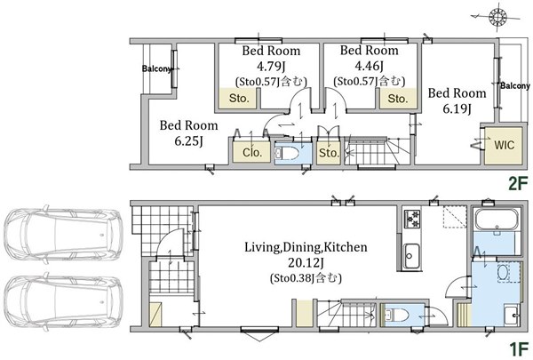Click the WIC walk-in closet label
coord(504,145)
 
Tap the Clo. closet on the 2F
coord(252,152)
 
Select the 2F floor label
coord(518,184)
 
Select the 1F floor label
coord(519,348)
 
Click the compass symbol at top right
coord(497,17)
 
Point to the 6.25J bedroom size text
coord(188,140)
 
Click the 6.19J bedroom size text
coord(457,108)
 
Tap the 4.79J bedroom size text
coord(271,66)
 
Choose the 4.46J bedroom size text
coord(370,65)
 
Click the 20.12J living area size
coord(306,263)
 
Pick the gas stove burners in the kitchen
coord(412,219)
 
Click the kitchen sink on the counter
coord(411,256)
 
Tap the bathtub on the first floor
coord(497,220)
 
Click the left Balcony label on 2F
coord(156,68)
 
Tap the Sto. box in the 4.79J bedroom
coord(238,99)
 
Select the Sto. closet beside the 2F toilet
coord(329,152)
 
